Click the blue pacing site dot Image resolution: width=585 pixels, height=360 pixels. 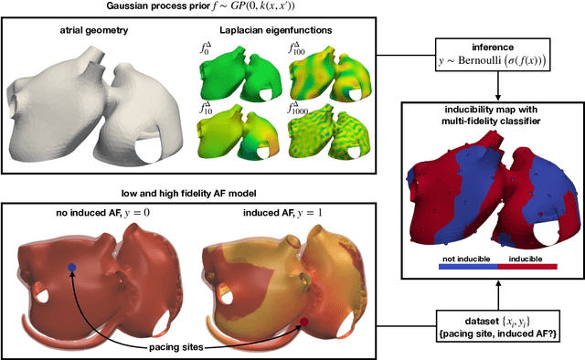72,268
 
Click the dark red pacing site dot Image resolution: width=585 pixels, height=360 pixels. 304,322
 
